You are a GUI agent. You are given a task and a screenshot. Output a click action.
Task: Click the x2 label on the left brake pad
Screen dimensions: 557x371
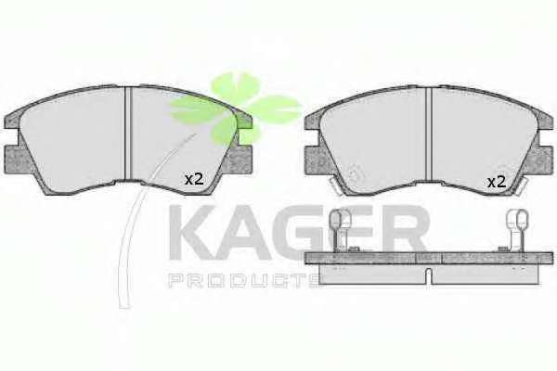194,179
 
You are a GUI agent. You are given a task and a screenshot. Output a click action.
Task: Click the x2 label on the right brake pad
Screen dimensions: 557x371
497,183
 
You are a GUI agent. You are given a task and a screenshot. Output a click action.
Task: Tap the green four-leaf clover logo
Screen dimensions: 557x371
236,108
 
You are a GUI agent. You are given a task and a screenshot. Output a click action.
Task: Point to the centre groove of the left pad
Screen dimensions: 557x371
128,134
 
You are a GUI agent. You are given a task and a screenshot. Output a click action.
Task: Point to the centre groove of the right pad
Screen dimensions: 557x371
428,134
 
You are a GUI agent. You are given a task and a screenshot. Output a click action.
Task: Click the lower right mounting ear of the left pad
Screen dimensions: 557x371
240,160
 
